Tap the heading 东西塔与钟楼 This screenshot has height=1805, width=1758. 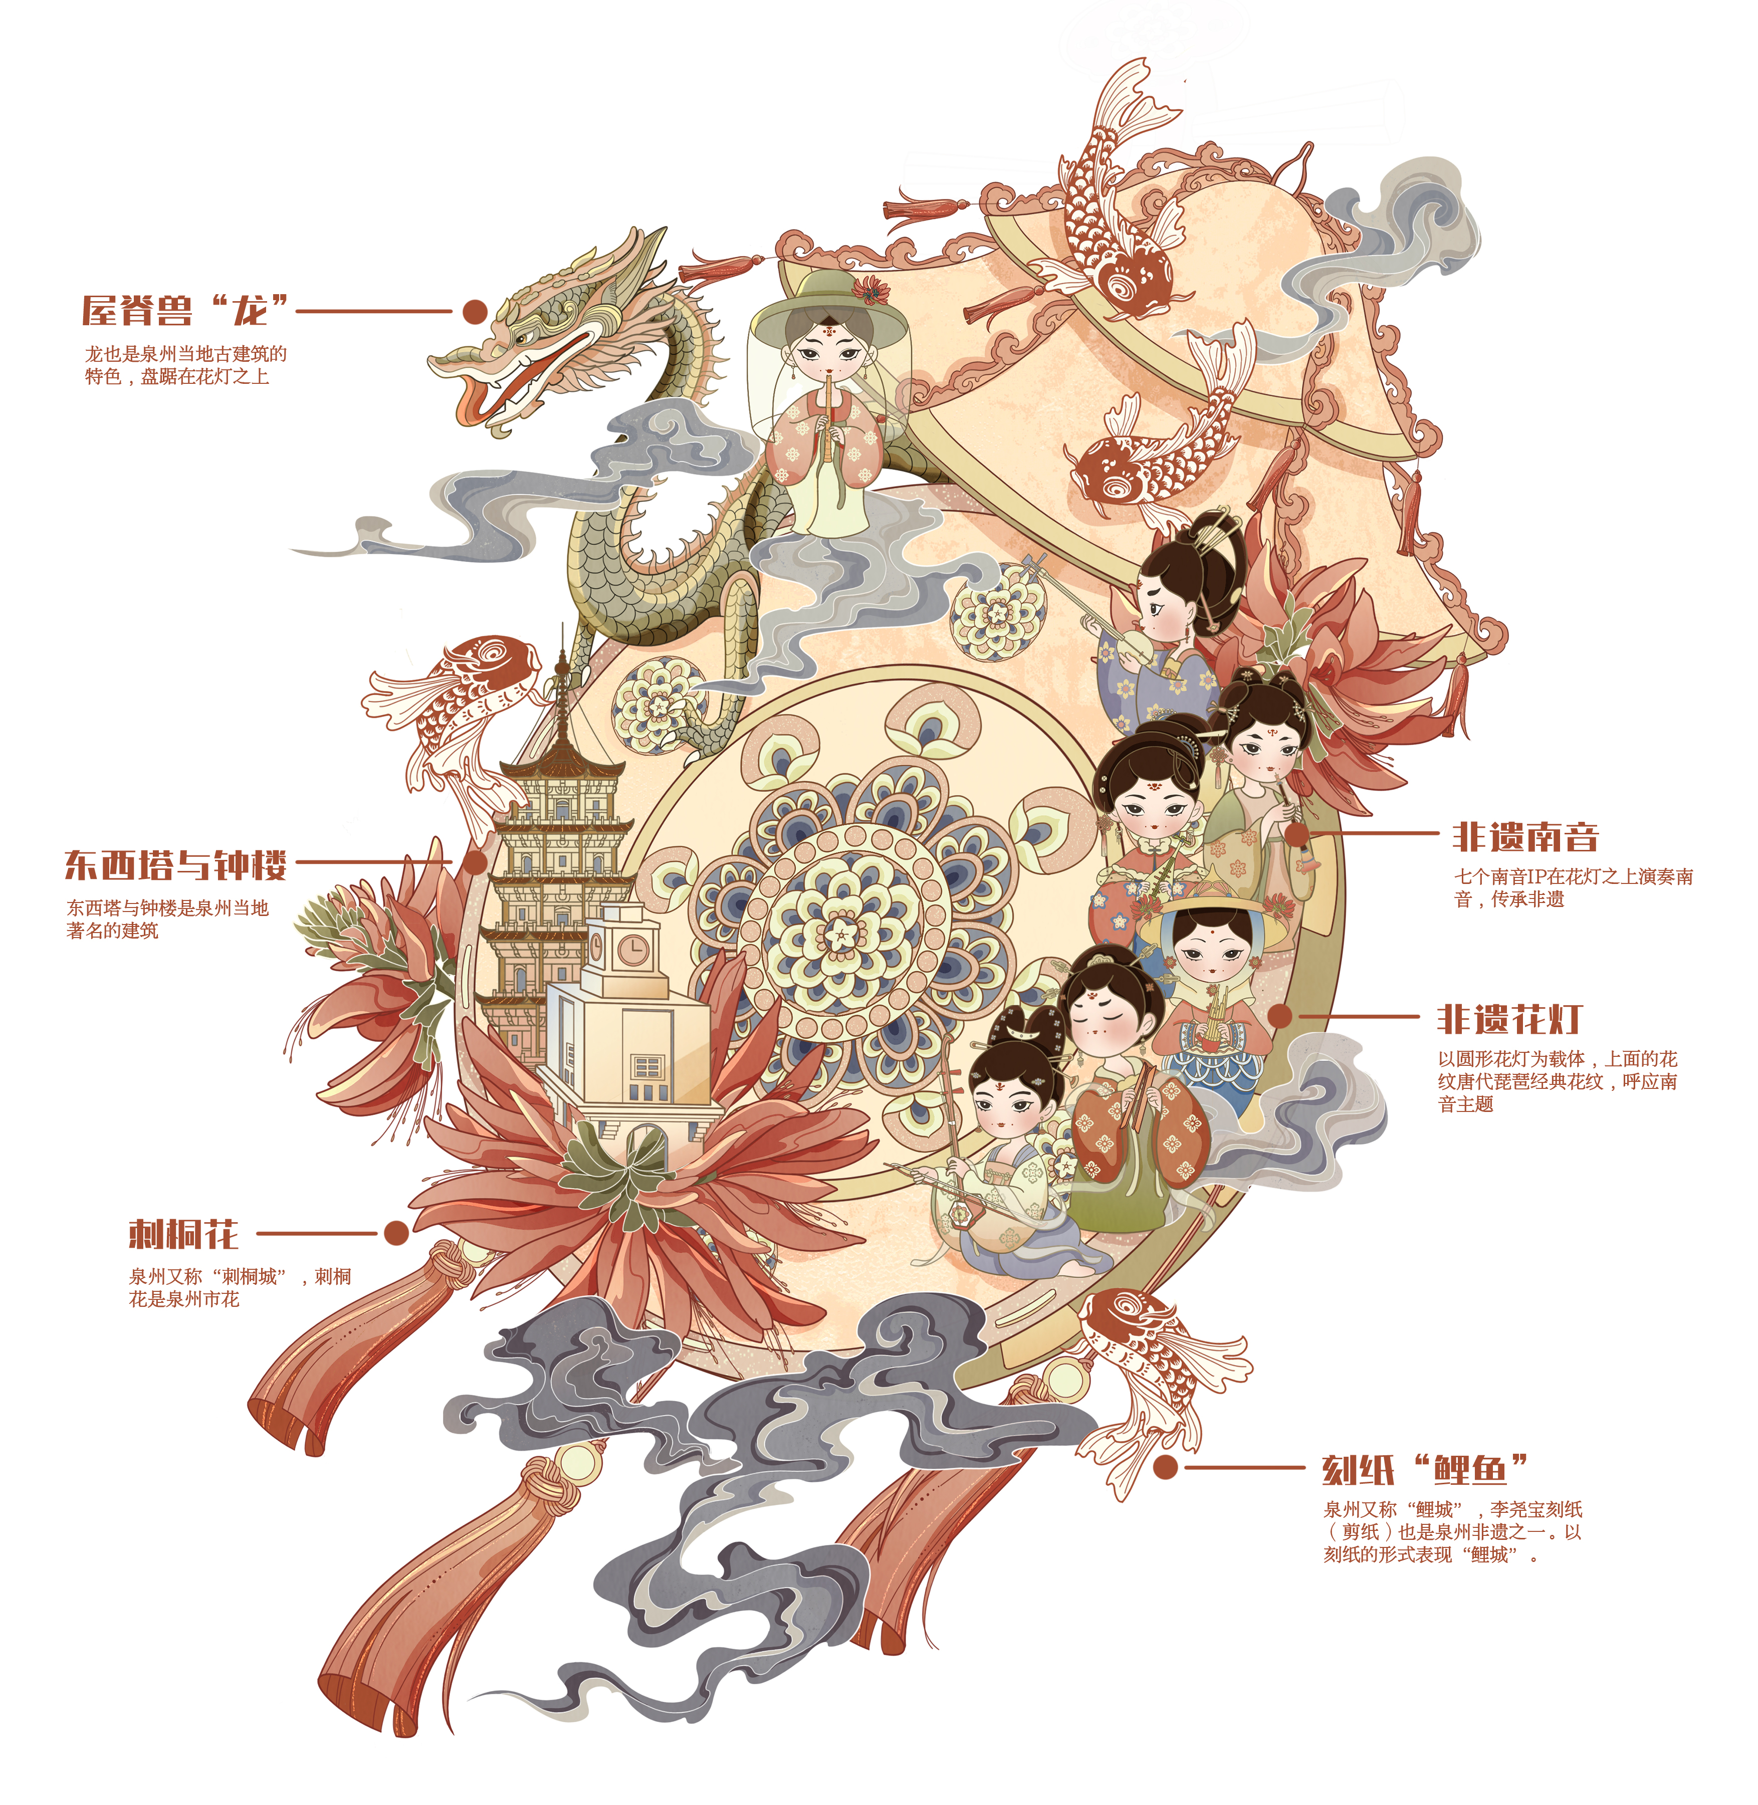coord(175,865)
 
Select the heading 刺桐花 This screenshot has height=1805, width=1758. coord(183,1234)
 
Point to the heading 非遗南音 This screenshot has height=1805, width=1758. coord(1525,836)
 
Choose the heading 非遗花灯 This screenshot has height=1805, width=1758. coord(1509,1019)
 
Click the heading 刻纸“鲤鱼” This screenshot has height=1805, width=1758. coord(1425,1469)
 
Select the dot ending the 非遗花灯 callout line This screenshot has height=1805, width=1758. coord(1280,1016)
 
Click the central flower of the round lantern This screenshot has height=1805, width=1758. coord(841,935)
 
